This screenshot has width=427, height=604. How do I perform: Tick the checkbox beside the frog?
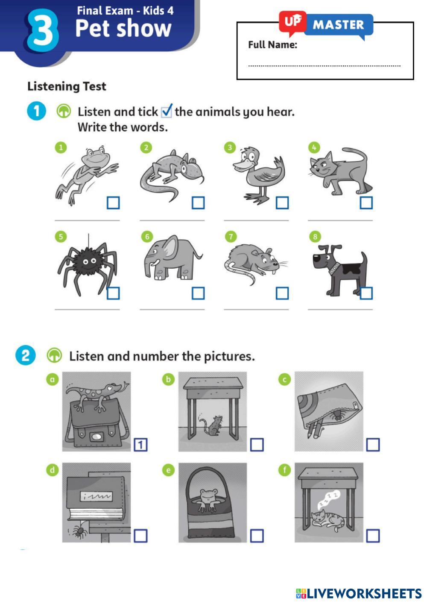point(113,203)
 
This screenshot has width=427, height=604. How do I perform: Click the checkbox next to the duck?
point(282,203)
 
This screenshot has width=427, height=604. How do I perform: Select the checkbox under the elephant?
point(198,293)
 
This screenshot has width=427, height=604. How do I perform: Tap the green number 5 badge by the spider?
point(61,237)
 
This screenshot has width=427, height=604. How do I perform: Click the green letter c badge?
point(284,380)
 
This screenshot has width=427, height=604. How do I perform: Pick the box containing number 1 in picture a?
point(141,445)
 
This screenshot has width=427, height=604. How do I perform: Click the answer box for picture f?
point(373,536)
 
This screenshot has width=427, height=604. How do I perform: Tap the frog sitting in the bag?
point(208,499)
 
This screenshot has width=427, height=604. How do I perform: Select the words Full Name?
point(272,44)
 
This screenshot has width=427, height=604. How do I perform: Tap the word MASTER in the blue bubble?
point(338,25)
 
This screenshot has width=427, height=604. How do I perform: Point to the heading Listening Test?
point(67,87)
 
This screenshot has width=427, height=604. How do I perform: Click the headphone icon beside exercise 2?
point(55,356)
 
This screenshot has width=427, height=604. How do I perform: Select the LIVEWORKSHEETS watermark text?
point(364,594)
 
